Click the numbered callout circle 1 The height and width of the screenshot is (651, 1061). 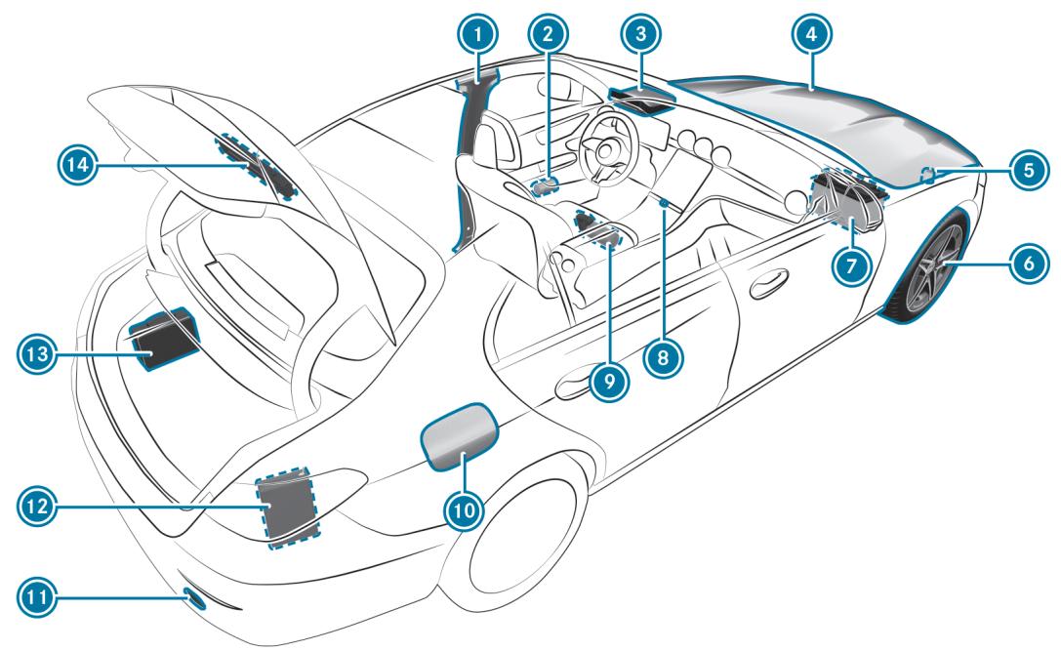point(478,37)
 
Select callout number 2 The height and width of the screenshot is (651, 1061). point(549,37)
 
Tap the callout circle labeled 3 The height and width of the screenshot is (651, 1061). point(640,36)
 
